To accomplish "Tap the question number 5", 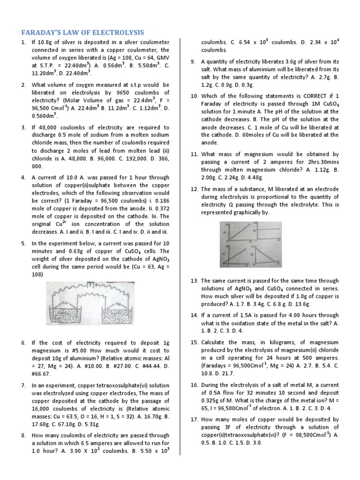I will pyautogui.click(x=23, y=243).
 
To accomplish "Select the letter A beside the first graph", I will pyautogui.click(x=225, y=232).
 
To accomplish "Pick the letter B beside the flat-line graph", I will pyautogui.click(x=254, y=231).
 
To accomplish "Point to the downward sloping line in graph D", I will pyautogui.click(x=268, y=255).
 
